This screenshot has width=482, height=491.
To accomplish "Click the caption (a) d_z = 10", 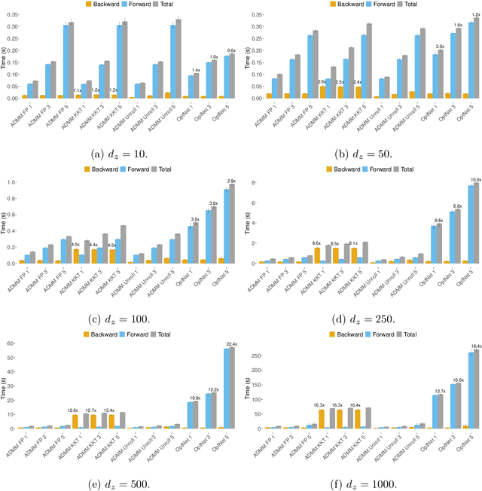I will (x=120, y=154).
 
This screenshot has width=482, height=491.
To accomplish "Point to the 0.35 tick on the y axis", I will (x=14, y=14).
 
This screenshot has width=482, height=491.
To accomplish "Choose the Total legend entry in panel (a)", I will (x=169, y=5).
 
